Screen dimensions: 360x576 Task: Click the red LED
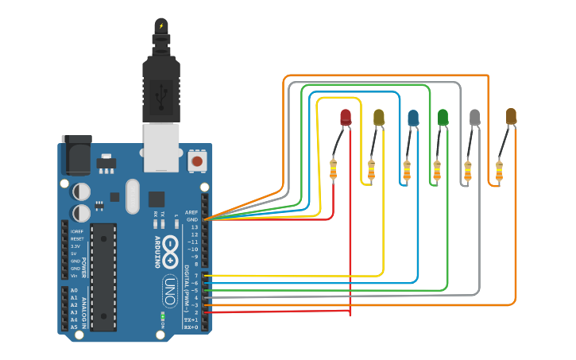pos(346,118)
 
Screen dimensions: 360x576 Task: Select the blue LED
pos(413,118)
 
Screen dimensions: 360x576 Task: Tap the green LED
pos(443,118)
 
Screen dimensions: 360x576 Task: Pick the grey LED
pos(475,118)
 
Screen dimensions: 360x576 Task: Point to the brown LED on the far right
pos(511,117)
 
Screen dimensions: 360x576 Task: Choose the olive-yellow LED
pos(379,118)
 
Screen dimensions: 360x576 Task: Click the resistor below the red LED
pos(334,169)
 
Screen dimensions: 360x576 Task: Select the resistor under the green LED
pos(436,169)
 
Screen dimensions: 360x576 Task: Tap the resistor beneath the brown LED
pos(499,170)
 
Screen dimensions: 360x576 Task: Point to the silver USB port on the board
pos(161,147)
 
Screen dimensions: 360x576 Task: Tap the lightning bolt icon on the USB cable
pos(161,25)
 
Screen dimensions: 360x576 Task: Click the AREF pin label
pos(191,212)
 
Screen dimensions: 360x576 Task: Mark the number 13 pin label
pos(194,227)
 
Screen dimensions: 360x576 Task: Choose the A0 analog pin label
pos(74,290)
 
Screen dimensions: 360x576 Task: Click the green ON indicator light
pos(162,315)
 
